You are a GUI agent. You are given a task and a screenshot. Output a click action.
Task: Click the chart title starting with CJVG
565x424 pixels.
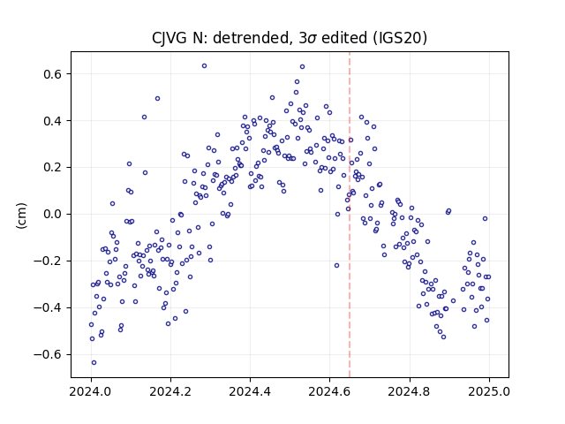click(290, 37)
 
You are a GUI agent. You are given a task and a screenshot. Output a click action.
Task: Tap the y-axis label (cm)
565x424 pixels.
click(21, 216)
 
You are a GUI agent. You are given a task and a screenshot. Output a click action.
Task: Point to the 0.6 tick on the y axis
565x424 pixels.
click(54, 74)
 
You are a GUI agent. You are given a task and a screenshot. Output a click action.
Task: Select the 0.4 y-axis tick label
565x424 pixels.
click(54, 121)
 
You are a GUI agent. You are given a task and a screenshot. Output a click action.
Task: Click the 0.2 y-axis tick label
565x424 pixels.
click(54, 168)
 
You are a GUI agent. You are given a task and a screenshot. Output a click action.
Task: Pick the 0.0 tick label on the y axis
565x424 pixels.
click(54, 214)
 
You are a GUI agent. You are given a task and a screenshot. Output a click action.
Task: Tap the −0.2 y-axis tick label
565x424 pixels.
click(49, 261)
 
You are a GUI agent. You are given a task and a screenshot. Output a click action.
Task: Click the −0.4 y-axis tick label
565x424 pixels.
click(49, 308)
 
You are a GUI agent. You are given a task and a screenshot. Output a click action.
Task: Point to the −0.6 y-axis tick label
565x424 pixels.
click(49, 355)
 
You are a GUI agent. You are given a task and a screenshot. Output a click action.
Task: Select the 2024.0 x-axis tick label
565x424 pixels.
click(91, 391)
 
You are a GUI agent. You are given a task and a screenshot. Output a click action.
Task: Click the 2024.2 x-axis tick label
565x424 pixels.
click(170, 391)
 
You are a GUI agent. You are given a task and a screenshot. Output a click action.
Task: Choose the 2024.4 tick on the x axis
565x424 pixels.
click(250, 391)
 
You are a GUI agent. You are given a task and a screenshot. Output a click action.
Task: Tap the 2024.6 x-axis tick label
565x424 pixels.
click(329, 391)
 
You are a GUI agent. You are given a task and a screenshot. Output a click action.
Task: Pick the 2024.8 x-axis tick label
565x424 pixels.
click(410, 391)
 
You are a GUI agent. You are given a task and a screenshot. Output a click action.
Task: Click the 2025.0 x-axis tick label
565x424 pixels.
click(489, 391)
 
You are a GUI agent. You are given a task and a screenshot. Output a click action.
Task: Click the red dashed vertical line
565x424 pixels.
click(350, 215)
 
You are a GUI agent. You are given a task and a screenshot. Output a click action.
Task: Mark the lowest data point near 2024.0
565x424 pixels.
click(94, 363)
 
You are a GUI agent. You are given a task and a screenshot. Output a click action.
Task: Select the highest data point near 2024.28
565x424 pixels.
click(204, 66)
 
